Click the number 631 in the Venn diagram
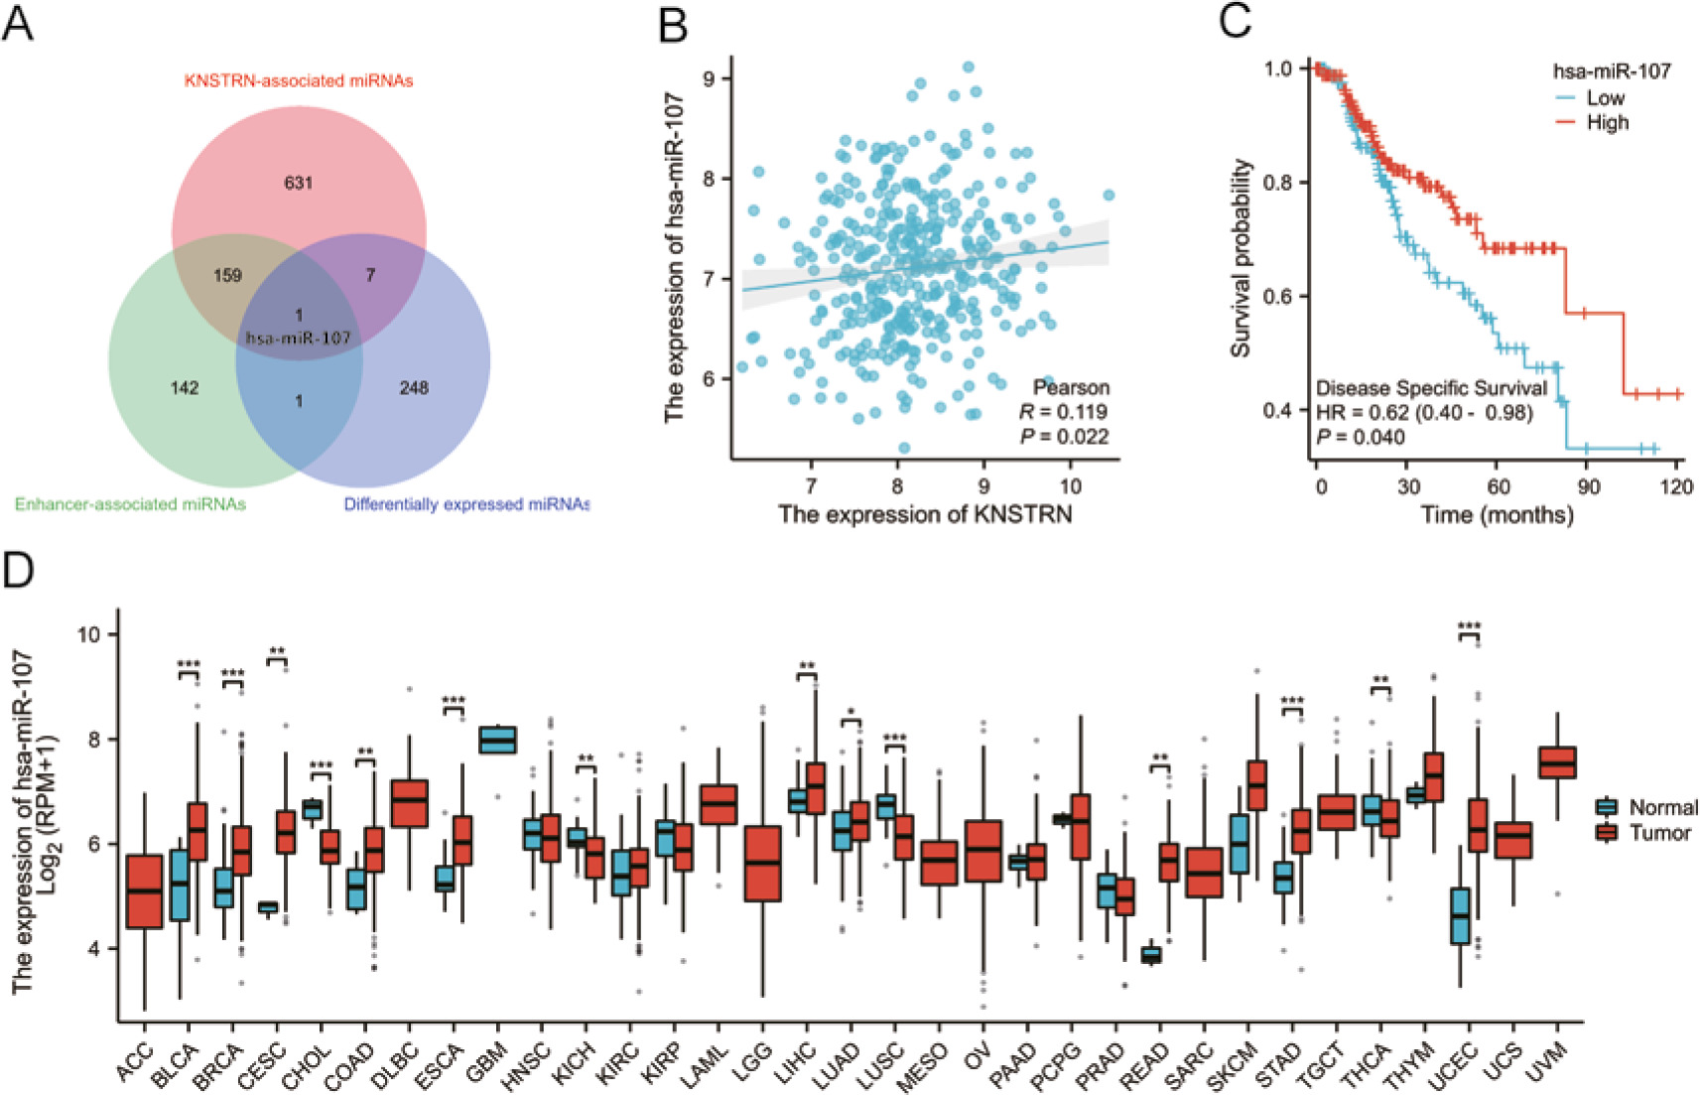[x=299, y=182]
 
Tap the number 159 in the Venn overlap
[x=227, y=275]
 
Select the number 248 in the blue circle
[x=414, y=387]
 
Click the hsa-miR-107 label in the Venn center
[x=299, y=338]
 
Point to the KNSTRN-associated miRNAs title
[x=298, y=80]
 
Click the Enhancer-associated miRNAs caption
[x=130, y=504]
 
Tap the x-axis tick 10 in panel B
[x=1070, y=485]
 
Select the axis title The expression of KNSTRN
[x=925, y=514]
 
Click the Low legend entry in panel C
[x=1605, y=97]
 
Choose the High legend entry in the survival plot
[x=1608, y=122]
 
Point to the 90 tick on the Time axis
[x=1588, y=486]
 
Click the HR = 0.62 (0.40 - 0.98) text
[x=1424, y=412]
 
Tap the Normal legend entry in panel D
[x=1662, y=807]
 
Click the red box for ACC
[x=145, y=890]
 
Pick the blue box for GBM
[x=497, y=741]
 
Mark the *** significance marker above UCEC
[x=1470, y=626]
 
